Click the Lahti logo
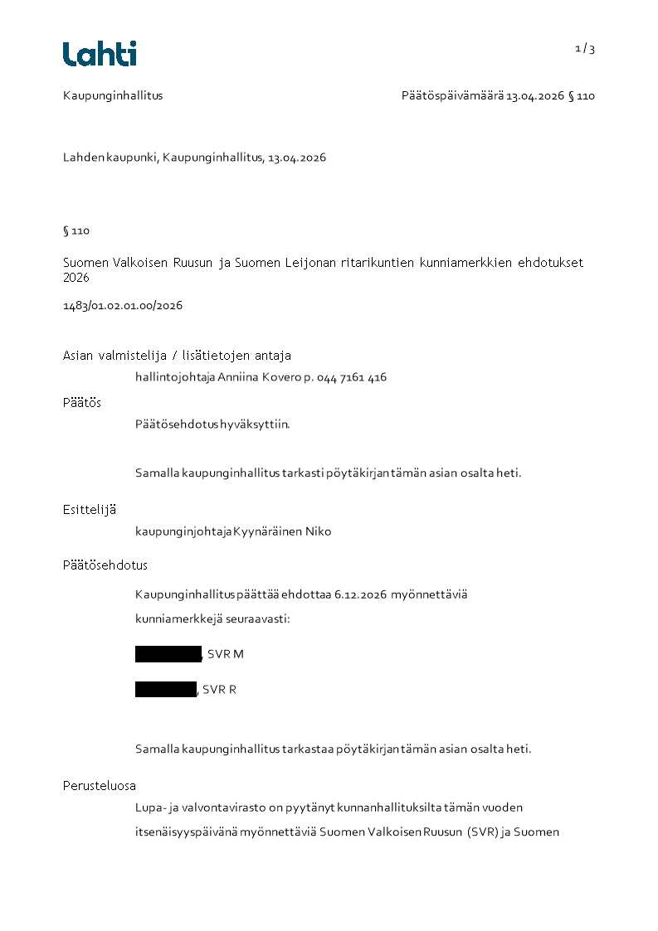coord(100,54)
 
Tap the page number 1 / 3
coord(585,49)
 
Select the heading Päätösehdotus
coord(105,565)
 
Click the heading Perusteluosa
coord(100,786)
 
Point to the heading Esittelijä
coord(90,509)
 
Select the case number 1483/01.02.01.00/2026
coord(123,305)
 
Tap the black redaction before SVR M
coord(168,654)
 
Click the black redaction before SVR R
coord(166,689)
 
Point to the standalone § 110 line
coord(76,230)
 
